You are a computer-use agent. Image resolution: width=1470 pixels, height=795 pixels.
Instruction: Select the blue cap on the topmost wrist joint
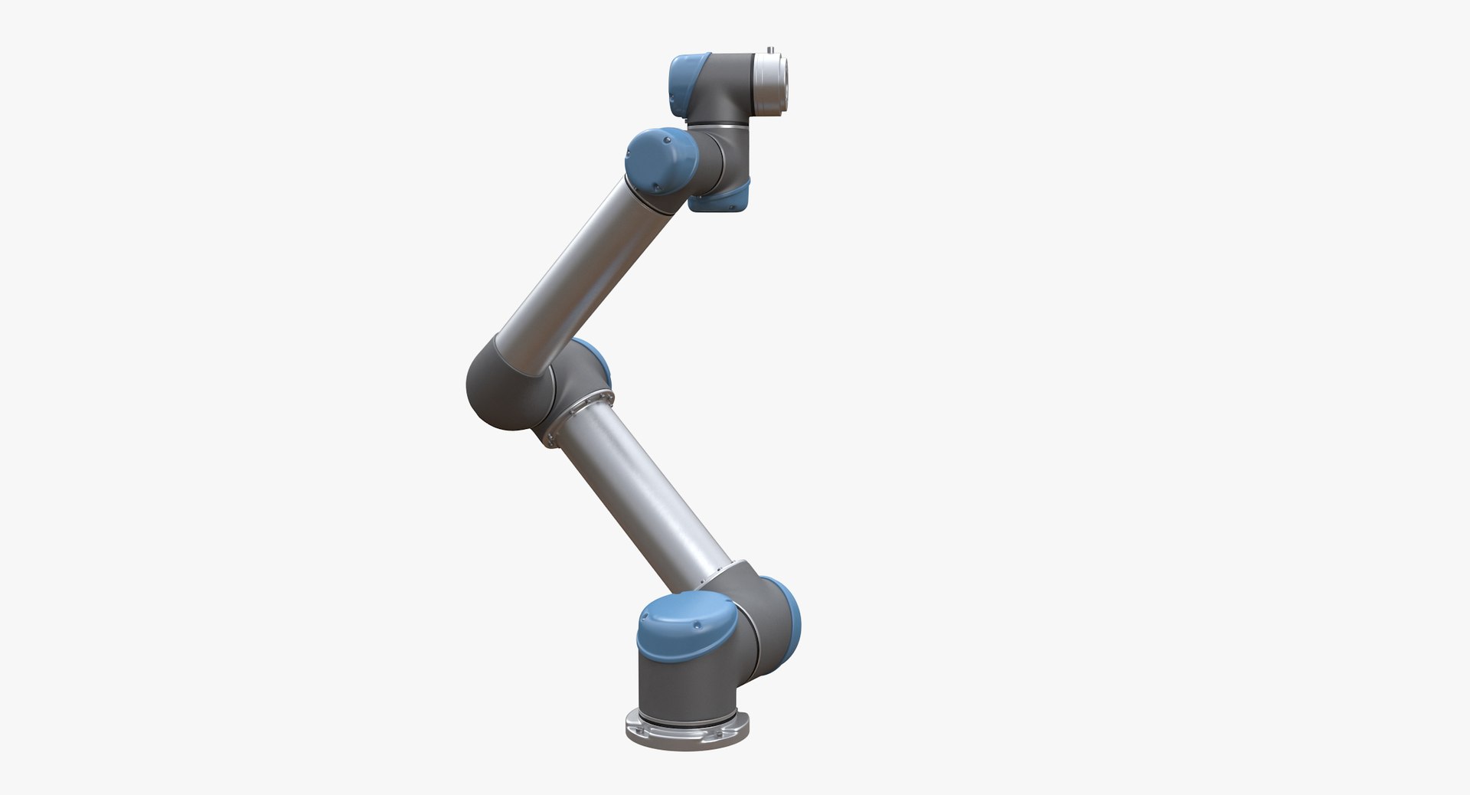point(686,84)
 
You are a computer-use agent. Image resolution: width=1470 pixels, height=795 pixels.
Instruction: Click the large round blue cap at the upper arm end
point(659,165)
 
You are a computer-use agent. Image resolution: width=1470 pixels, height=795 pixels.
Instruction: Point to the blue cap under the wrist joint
point(720,198)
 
